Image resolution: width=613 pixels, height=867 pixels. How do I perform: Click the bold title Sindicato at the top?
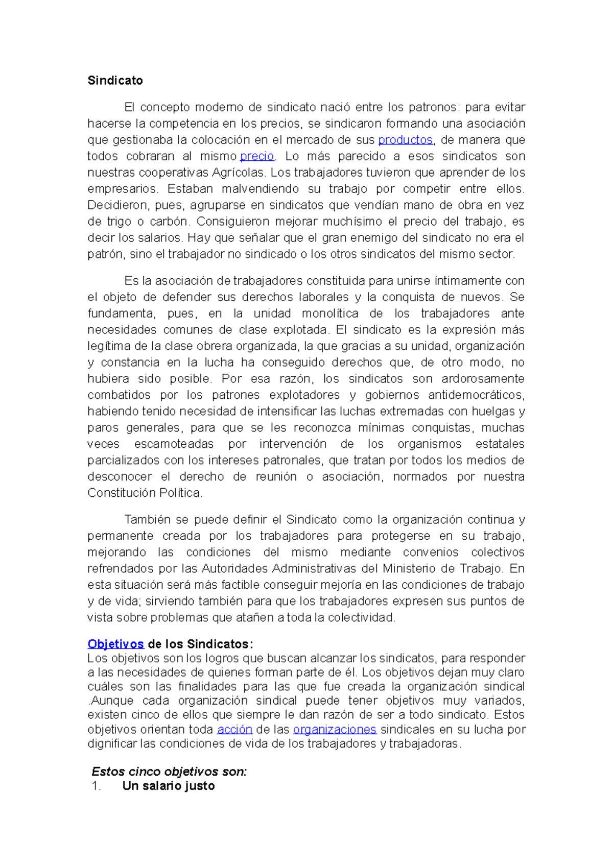pos(115,81)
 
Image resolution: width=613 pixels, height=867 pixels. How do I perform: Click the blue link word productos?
pos(405,140)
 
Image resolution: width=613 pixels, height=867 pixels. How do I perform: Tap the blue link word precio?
pos(257,156)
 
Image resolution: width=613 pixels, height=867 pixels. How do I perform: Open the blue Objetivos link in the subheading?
pos(115,644)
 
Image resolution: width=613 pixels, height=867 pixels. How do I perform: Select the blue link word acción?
pos(234,729)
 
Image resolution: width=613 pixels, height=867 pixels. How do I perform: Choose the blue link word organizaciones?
pos(335,729)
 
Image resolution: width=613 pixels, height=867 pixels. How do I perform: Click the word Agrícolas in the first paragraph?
pos(239,173)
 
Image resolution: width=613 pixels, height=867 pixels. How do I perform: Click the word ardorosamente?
pos(483,379)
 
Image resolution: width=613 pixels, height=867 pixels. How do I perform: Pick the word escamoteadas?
pos(174,444)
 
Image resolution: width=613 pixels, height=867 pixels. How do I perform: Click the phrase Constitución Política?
pos(145,493)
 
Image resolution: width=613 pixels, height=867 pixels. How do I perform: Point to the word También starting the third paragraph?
pos(147,520)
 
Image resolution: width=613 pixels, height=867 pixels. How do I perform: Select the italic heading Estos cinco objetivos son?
pos(169,772)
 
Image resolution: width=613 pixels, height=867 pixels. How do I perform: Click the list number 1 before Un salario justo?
pos(96,786)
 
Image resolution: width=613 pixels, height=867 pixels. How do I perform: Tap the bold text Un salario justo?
pos(169,786)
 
